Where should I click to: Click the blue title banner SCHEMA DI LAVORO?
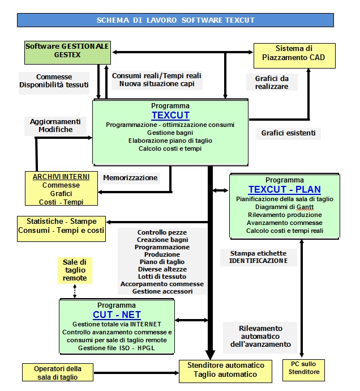pos(175,20)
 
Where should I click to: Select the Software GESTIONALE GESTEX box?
pos(67,53)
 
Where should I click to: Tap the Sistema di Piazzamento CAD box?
pos(294,56)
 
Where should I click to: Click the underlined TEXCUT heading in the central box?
pos(170,115)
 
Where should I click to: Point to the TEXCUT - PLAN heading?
pos(285,189)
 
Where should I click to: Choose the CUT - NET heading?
pos(117,314)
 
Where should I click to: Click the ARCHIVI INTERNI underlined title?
pos(61,177)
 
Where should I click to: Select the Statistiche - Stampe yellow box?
pos(61,229)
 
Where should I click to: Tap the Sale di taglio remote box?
pos(75,270)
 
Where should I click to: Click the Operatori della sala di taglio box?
pos(58,372)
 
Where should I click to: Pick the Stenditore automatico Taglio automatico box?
pos(225,371)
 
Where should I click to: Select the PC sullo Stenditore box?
pos(304,370)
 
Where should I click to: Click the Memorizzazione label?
pos(130,178)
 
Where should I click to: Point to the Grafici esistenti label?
pos(288,133)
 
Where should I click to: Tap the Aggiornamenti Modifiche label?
pos(55,126)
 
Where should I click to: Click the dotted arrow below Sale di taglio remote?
pos(75,291)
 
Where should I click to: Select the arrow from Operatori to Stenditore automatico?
pos(136,373)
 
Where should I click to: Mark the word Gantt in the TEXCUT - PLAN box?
pos(305,207)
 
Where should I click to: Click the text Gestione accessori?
pos(162,291)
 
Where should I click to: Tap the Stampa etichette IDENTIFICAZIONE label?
pos(258,257)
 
